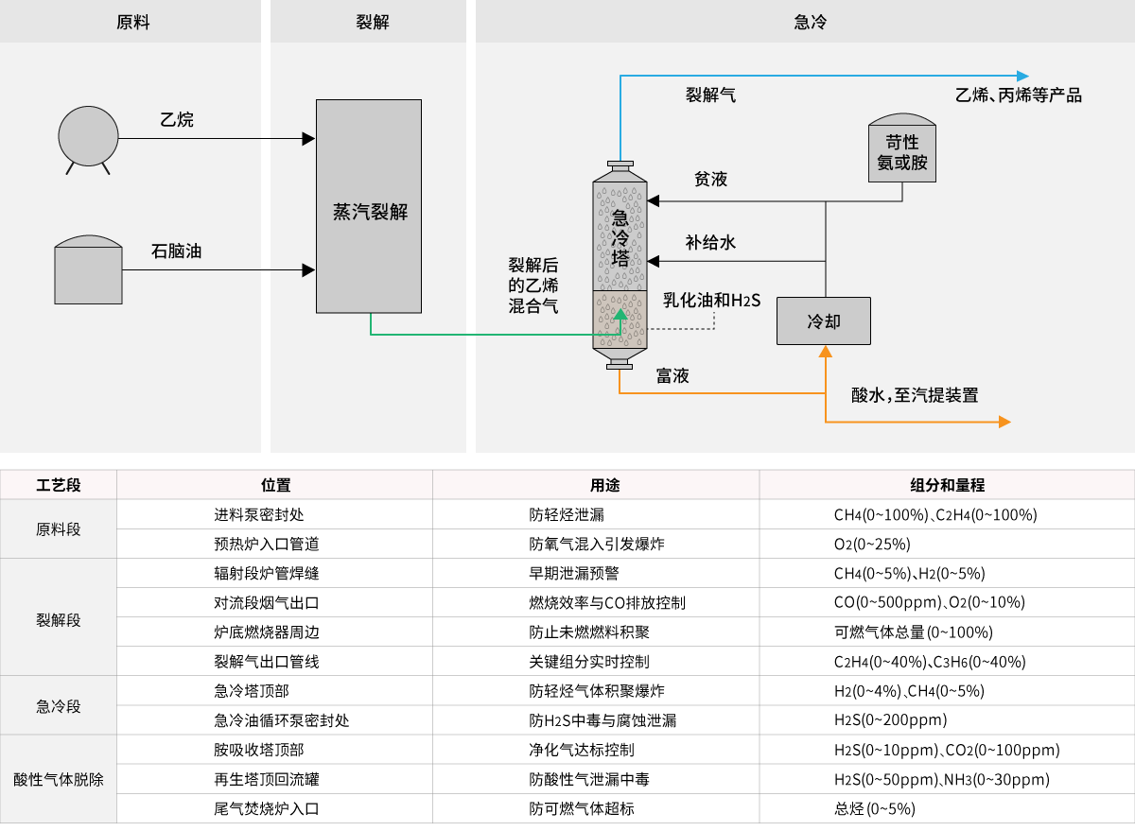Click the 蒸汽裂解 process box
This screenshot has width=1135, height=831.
point(369,206)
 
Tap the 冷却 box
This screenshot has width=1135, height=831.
point(824,321)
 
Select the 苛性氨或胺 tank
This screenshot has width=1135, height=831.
point(901,151)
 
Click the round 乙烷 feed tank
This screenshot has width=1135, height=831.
point(89,136)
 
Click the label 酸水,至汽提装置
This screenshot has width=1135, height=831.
point(915,395)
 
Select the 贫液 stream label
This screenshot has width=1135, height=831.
point(710,179)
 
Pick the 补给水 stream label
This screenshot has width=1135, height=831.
point(710,243)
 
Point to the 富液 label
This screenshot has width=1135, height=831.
point(672,376)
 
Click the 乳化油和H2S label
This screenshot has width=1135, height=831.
point(711,301)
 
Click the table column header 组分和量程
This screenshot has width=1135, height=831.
point(947,485)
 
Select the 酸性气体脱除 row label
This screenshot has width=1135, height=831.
point(59,780)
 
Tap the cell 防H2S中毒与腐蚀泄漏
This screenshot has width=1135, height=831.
point(602,720)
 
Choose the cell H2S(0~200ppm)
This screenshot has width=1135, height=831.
point(890,720)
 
